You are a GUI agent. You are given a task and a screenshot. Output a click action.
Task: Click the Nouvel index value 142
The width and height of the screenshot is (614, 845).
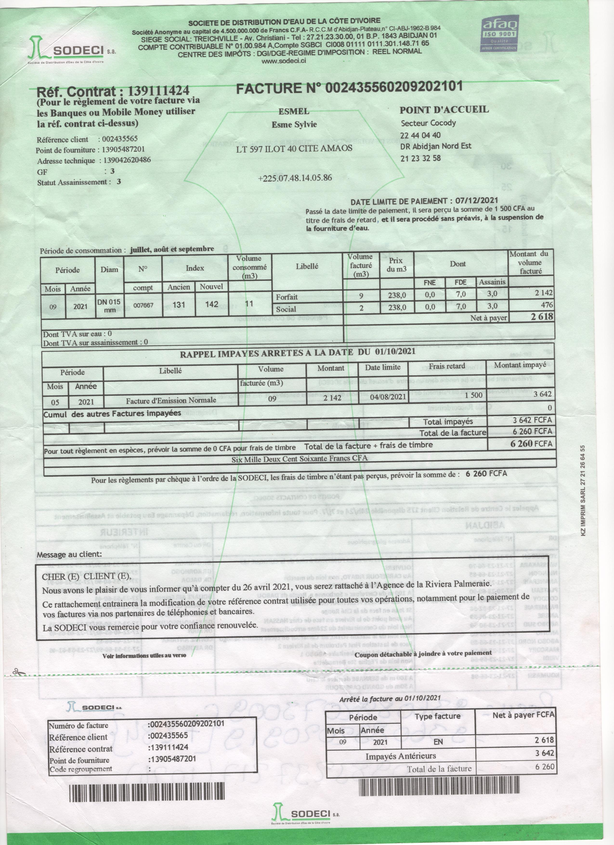[212, 304]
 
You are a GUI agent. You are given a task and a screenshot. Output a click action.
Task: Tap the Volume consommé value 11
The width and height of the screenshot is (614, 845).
[249, 304]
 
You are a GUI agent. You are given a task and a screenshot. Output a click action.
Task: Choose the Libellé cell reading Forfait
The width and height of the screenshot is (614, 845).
[287, 297]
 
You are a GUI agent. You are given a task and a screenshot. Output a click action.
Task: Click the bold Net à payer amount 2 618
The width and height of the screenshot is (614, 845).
[542, 317]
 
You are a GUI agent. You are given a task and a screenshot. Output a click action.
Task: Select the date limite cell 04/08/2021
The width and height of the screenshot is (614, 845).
[388, 397]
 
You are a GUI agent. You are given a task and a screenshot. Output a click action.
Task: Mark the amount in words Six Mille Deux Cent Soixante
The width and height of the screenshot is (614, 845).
[299, 459]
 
